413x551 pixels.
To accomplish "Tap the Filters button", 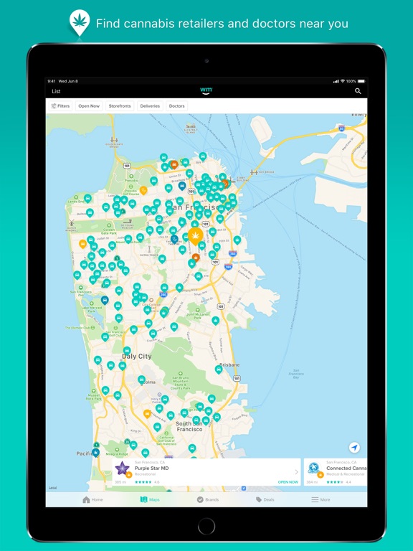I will click(60, 106).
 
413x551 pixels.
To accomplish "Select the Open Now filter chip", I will click(89, 106).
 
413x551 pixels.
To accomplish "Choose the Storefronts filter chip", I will click(120, 106).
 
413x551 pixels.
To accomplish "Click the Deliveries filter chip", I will click(150, 106).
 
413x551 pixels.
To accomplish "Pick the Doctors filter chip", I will click(176, 106).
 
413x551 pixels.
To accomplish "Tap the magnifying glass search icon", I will click(358, 91).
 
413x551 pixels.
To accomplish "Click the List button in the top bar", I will click(56, 91).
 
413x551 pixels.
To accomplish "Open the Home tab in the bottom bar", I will click(92, 499).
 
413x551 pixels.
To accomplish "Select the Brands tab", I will click(208, 499).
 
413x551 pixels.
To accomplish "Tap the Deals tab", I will click(265, 499).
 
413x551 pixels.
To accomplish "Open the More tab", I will click(321, 499).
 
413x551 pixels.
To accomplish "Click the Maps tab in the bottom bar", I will click(150, 499).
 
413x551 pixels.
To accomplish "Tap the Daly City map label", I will click(136, 356).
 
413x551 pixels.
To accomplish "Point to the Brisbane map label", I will click(229, 364).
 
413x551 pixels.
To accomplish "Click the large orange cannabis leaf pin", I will click(195, 235).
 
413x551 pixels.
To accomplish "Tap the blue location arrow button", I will click(353, 447).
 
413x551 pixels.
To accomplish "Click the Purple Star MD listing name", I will click(151, 468).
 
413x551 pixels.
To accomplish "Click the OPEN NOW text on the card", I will click(288, 482).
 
